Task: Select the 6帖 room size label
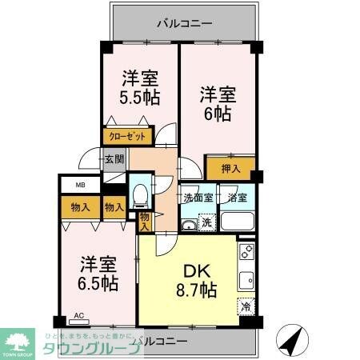click(x=216, y=114)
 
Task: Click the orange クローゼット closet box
click(x=126, y=137)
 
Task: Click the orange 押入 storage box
click(x=230, y=170)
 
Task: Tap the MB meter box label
click(x=80, y=186)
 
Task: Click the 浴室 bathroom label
click(x=237, y=197)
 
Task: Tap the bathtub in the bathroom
click(x=237, y=221)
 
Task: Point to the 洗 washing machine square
click(x=206, y=223)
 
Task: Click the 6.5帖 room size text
click(x=98, y=283)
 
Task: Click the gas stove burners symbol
click(x=246, y=253)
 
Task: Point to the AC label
click(x=78, y=316)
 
